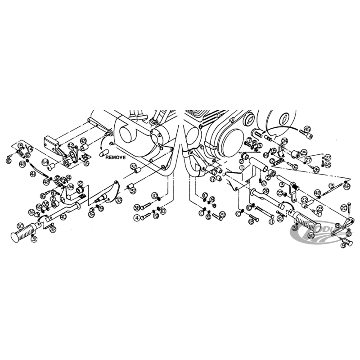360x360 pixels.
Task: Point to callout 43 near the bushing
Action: click(x=84, y=141)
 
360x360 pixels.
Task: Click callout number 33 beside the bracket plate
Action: click(x=118, y=199)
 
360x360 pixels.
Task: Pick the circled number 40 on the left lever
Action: click(x=63, y=217)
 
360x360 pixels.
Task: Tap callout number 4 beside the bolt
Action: click(x=136, y=218)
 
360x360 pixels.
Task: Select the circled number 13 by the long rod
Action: click(x=331, y=185)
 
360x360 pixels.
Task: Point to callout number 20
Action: click(x=344, y=207)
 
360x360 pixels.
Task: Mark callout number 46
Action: click(x=327, y=165)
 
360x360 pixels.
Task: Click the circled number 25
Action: click(x=304, y=153)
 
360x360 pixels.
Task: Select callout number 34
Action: click(x=71, y=186)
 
